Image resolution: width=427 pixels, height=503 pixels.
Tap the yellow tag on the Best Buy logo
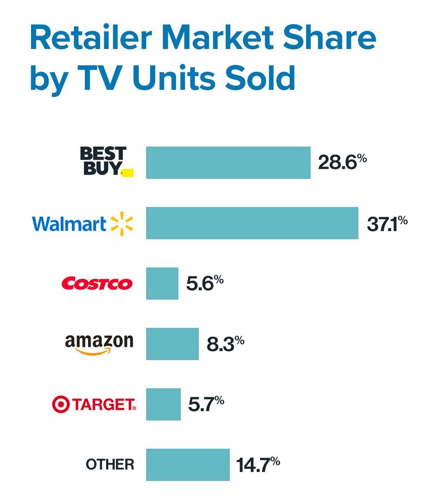(128, 173)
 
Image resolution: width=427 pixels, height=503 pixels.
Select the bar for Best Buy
(228, 162)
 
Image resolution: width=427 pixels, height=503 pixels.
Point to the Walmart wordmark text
(69, 224)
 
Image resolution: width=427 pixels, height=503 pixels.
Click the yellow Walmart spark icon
(122, 224)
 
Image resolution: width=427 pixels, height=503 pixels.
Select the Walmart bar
(252, 223)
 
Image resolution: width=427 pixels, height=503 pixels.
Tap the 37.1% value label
(387, 223)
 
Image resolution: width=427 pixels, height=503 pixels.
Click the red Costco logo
(97, 283)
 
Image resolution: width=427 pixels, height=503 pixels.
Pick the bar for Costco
(162, 283)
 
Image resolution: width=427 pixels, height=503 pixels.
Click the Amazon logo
(99, 344)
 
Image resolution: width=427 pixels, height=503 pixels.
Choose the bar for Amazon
(172, 344)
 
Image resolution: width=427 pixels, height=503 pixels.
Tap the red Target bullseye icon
(61, 404)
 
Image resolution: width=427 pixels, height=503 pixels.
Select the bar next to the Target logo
(163, 404)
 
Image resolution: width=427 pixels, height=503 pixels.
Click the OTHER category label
(110, 465)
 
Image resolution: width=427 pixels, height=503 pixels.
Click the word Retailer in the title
(91, 38)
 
